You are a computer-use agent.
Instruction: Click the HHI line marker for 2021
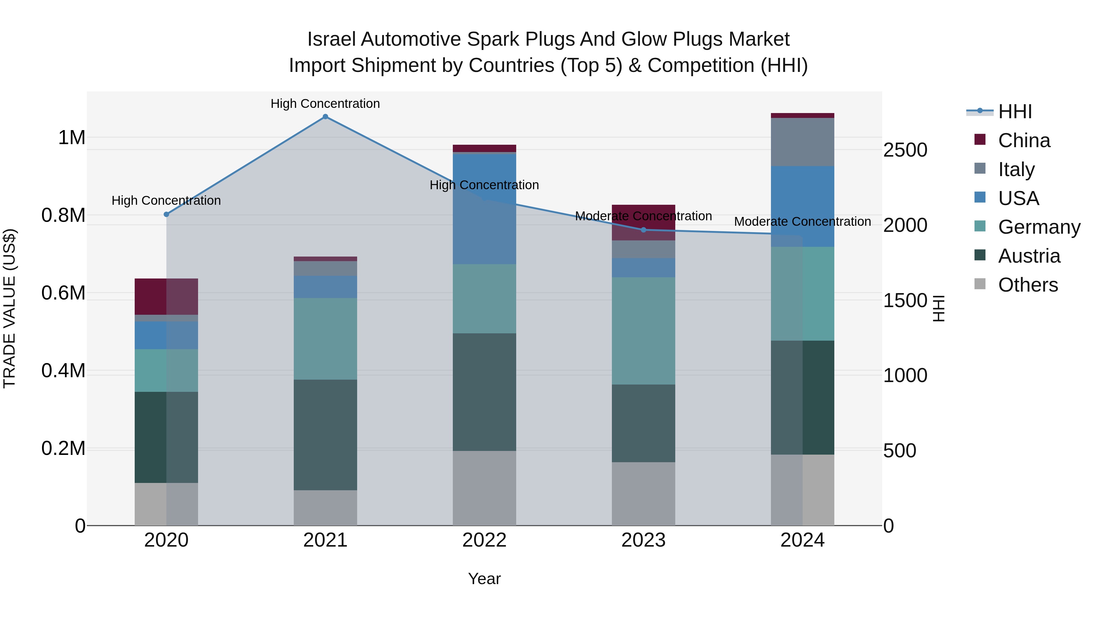tap(325, 117)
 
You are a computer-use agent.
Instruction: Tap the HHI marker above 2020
tap(166, 215)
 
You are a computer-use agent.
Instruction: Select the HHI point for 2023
tap(644, 230)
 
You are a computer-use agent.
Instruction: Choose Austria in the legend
tap(1028, 256)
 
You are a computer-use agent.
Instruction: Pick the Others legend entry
tap(1027, 285)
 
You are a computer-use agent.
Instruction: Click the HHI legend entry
tap(1014, 112)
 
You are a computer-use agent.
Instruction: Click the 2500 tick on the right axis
tap(905, 150)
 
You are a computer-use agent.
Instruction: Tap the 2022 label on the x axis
tap(484, 540)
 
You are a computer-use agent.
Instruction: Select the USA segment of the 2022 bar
tap(484, 209)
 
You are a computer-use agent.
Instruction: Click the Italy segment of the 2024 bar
tap(802, 142)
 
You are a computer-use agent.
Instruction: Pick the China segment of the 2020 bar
tap(166, 296)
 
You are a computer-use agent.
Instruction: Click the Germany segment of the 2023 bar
tap(644, 331)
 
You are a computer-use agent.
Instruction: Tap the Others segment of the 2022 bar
tap(484, 488)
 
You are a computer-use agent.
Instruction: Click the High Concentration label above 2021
tap(325, 104)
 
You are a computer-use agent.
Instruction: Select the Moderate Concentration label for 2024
tap(802, 222)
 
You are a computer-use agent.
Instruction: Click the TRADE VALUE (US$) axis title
tap(9, 308)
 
